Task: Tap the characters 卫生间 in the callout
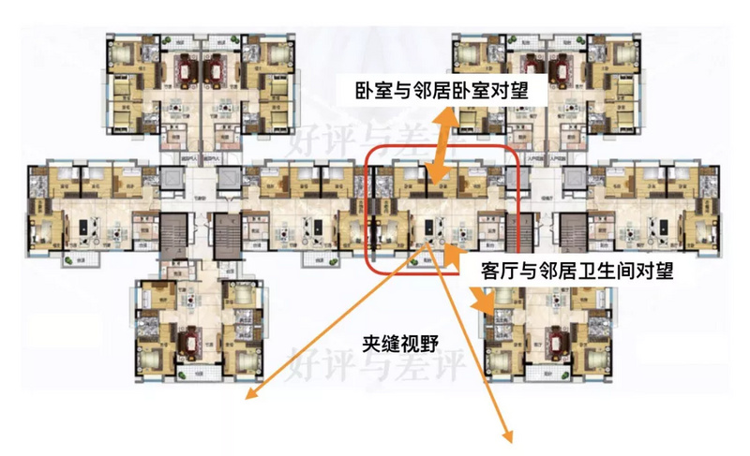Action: tap(603, 272)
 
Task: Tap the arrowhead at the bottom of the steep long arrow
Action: tap(512, 434)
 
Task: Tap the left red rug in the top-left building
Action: tap(184, 69)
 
